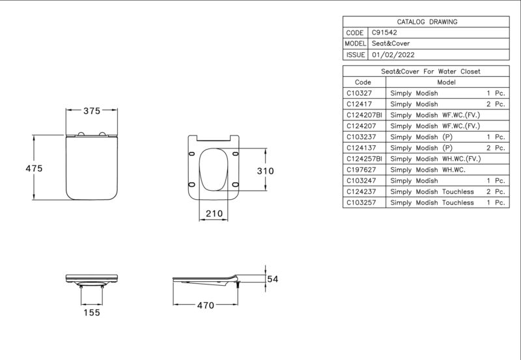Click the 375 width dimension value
click(x=92, y=111)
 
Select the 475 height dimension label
click(x=34, y=169)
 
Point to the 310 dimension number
click(x=266, y=171)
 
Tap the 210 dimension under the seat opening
click(x=214, y=214)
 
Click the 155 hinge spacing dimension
click(x=92, y=312)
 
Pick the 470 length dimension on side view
click(x=206, y=305)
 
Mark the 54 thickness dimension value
click(x=273, y=279)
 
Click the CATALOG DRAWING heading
click(x=427, y=22)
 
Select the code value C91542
click(x=384, y=33)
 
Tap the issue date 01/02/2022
click(x=393, y=55)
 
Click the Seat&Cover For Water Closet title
click(x=430, y=72)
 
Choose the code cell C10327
click(x=359, y=93)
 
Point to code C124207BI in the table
click(x=364, y=115)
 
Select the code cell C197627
click(x=361, y=170)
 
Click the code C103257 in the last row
click(x=361, y=202)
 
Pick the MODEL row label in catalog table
click(x=355, y=44)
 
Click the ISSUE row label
click(x=356, y=55)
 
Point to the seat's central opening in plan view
click(x=214, y=169)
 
